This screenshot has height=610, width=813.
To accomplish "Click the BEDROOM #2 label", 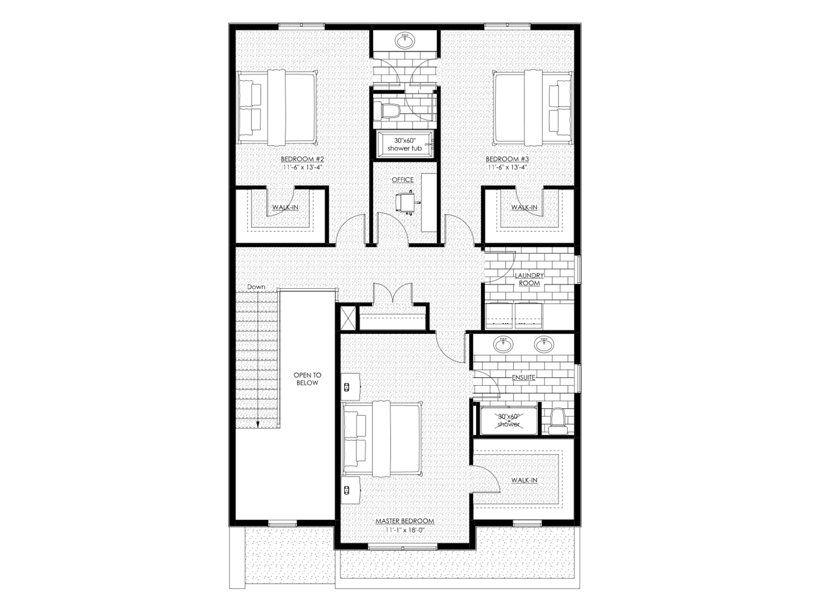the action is [x=302, y=159].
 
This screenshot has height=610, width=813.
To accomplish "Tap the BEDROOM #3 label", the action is [x=507, y=159].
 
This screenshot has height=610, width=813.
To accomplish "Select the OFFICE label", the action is [x=402, y=180].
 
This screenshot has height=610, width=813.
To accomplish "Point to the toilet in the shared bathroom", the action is [x=386, y=111].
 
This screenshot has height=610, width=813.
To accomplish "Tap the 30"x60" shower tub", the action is [x=405, y=145].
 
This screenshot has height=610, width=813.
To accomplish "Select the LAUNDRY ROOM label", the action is [x=529, y=279].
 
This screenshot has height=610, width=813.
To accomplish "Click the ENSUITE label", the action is [x=523, y=378].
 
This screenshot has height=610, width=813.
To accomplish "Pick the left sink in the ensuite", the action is [x=504, y=344].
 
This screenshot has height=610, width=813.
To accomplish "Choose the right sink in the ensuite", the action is [x=544, y=344].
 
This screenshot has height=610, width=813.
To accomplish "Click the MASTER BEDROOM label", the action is [x=405, y=521].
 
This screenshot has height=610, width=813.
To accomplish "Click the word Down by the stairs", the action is [x=256, y=287].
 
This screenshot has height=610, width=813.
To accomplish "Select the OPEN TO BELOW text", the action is [x=307, y=379].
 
